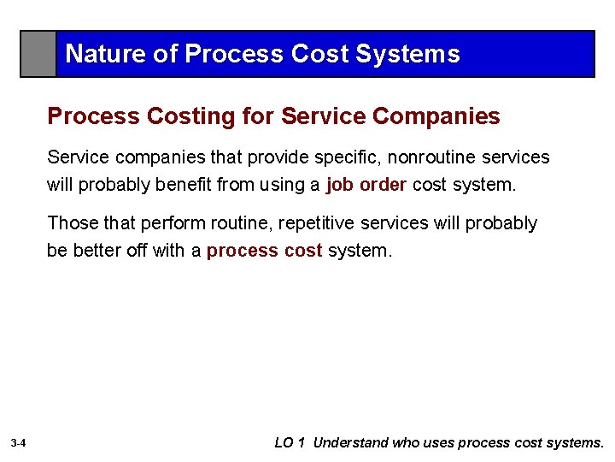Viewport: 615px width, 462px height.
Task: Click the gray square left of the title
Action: click(x=38, y=54)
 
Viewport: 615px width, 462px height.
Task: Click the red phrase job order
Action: click(x=366, y=186)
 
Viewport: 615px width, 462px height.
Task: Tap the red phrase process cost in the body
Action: click(x=264, y=251)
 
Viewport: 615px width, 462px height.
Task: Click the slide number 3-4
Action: click(x=19, y=443)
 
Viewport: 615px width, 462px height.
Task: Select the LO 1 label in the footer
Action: click(x=291, y=443)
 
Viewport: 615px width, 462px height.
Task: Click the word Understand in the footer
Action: click(x=351, y=443)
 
